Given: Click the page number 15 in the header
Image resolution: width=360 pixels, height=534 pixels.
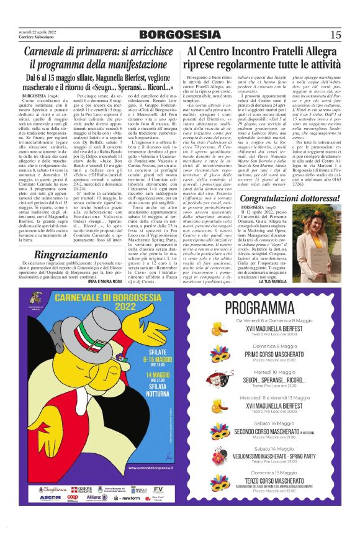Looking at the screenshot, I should coord(336,34).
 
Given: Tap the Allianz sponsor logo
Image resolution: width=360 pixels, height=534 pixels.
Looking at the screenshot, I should coord(97,498).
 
